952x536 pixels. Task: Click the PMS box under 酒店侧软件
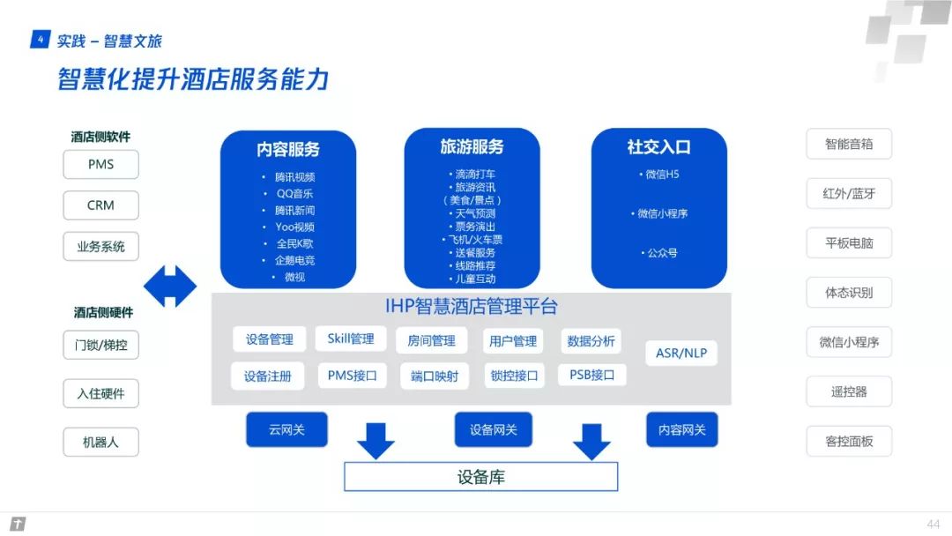[100, 164]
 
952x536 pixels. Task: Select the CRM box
[100, 205]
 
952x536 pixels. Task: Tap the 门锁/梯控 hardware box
[100, 345]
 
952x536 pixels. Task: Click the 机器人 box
[100, 442]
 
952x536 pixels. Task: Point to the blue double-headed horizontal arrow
[170, 287]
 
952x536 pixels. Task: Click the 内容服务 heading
[288, 149]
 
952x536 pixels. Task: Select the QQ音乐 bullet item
[294, 194]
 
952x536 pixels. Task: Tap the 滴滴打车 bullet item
[475, 174]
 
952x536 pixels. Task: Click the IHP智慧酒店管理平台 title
[472, 307]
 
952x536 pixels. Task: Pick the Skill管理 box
[351, 339]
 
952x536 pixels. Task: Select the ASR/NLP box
[681, 354]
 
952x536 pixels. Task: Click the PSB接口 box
[591, 375]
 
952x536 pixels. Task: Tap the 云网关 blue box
[286, 429]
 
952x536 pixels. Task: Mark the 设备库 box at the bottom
[480, 477]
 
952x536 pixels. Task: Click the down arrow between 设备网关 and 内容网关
[591, 440]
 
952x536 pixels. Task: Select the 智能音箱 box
[849, 144]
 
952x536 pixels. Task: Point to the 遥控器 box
[849, 391]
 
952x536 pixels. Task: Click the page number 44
[933, 524]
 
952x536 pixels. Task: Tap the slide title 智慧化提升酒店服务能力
[193, 79]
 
